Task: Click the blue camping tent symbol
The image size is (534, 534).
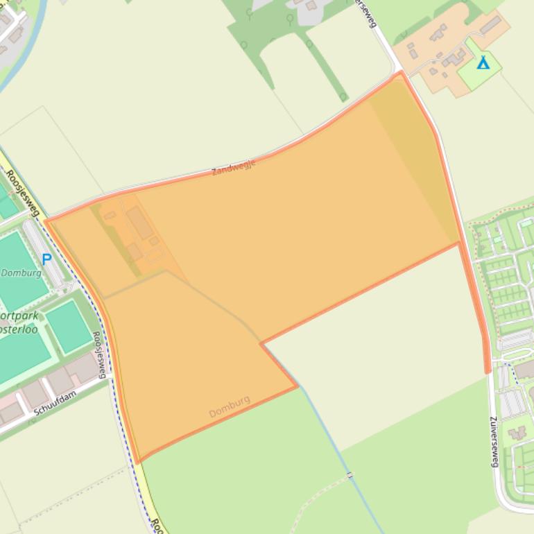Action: coord(483,63)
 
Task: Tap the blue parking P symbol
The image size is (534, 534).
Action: coord(46,259)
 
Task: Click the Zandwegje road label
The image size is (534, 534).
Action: coord(234,167)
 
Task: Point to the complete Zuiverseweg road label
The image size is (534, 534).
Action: coord(494,441)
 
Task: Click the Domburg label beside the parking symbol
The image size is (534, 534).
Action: coord(21,273)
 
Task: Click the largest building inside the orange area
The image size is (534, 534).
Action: coord(139,223)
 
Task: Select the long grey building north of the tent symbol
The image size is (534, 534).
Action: coord(491,26)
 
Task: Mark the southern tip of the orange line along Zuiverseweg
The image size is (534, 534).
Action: coord(488,371)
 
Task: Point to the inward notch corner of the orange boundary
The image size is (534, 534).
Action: coord(261,343)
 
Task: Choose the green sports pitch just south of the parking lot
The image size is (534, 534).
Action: coord(68,326)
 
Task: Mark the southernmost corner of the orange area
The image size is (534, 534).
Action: coord(139,461)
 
